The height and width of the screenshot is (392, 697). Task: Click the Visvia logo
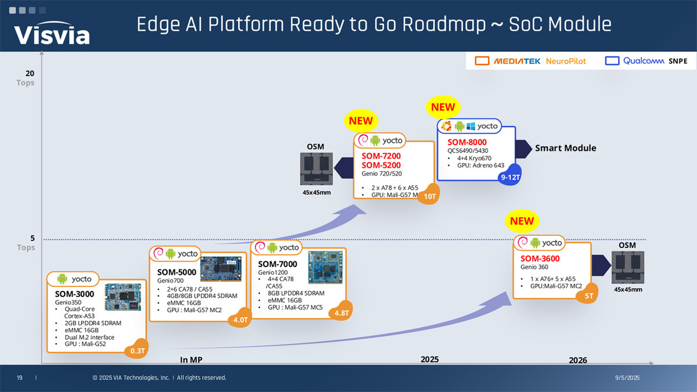(x=52, y=34)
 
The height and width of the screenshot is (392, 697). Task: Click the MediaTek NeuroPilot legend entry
(x=531, y=61)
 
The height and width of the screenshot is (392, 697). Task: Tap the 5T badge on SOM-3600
(x=588, y=296)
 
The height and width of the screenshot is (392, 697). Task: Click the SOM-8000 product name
(x=467, y=142)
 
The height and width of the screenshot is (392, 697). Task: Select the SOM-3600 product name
(x=540, y=259)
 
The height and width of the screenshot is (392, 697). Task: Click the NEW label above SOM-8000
(x=443, y=107)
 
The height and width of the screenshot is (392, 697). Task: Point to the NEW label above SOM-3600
(x=522, y=221)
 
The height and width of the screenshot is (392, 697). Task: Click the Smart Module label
(x=565, y=148)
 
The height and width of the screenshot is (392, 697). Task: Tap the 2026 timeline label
(x=577, y=360)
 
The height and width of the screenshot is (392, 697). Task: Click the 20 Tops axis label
(x=27, y=78)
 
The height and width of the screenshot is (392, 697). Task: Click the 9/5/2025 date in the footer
(x=627, y=378)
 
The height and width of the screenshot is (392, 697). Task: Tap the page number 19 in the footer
(x=20, y=378)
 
